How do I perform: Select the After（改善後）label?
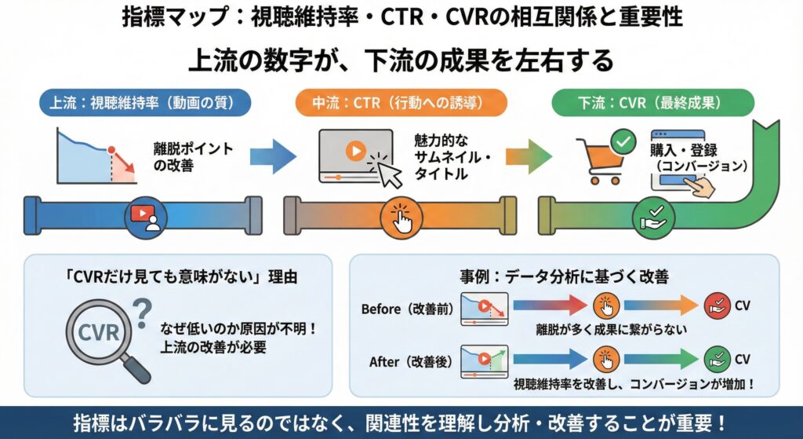410,362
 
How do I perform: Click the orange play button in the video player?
355,150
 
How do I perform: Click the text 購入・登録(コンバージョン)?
698,157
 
